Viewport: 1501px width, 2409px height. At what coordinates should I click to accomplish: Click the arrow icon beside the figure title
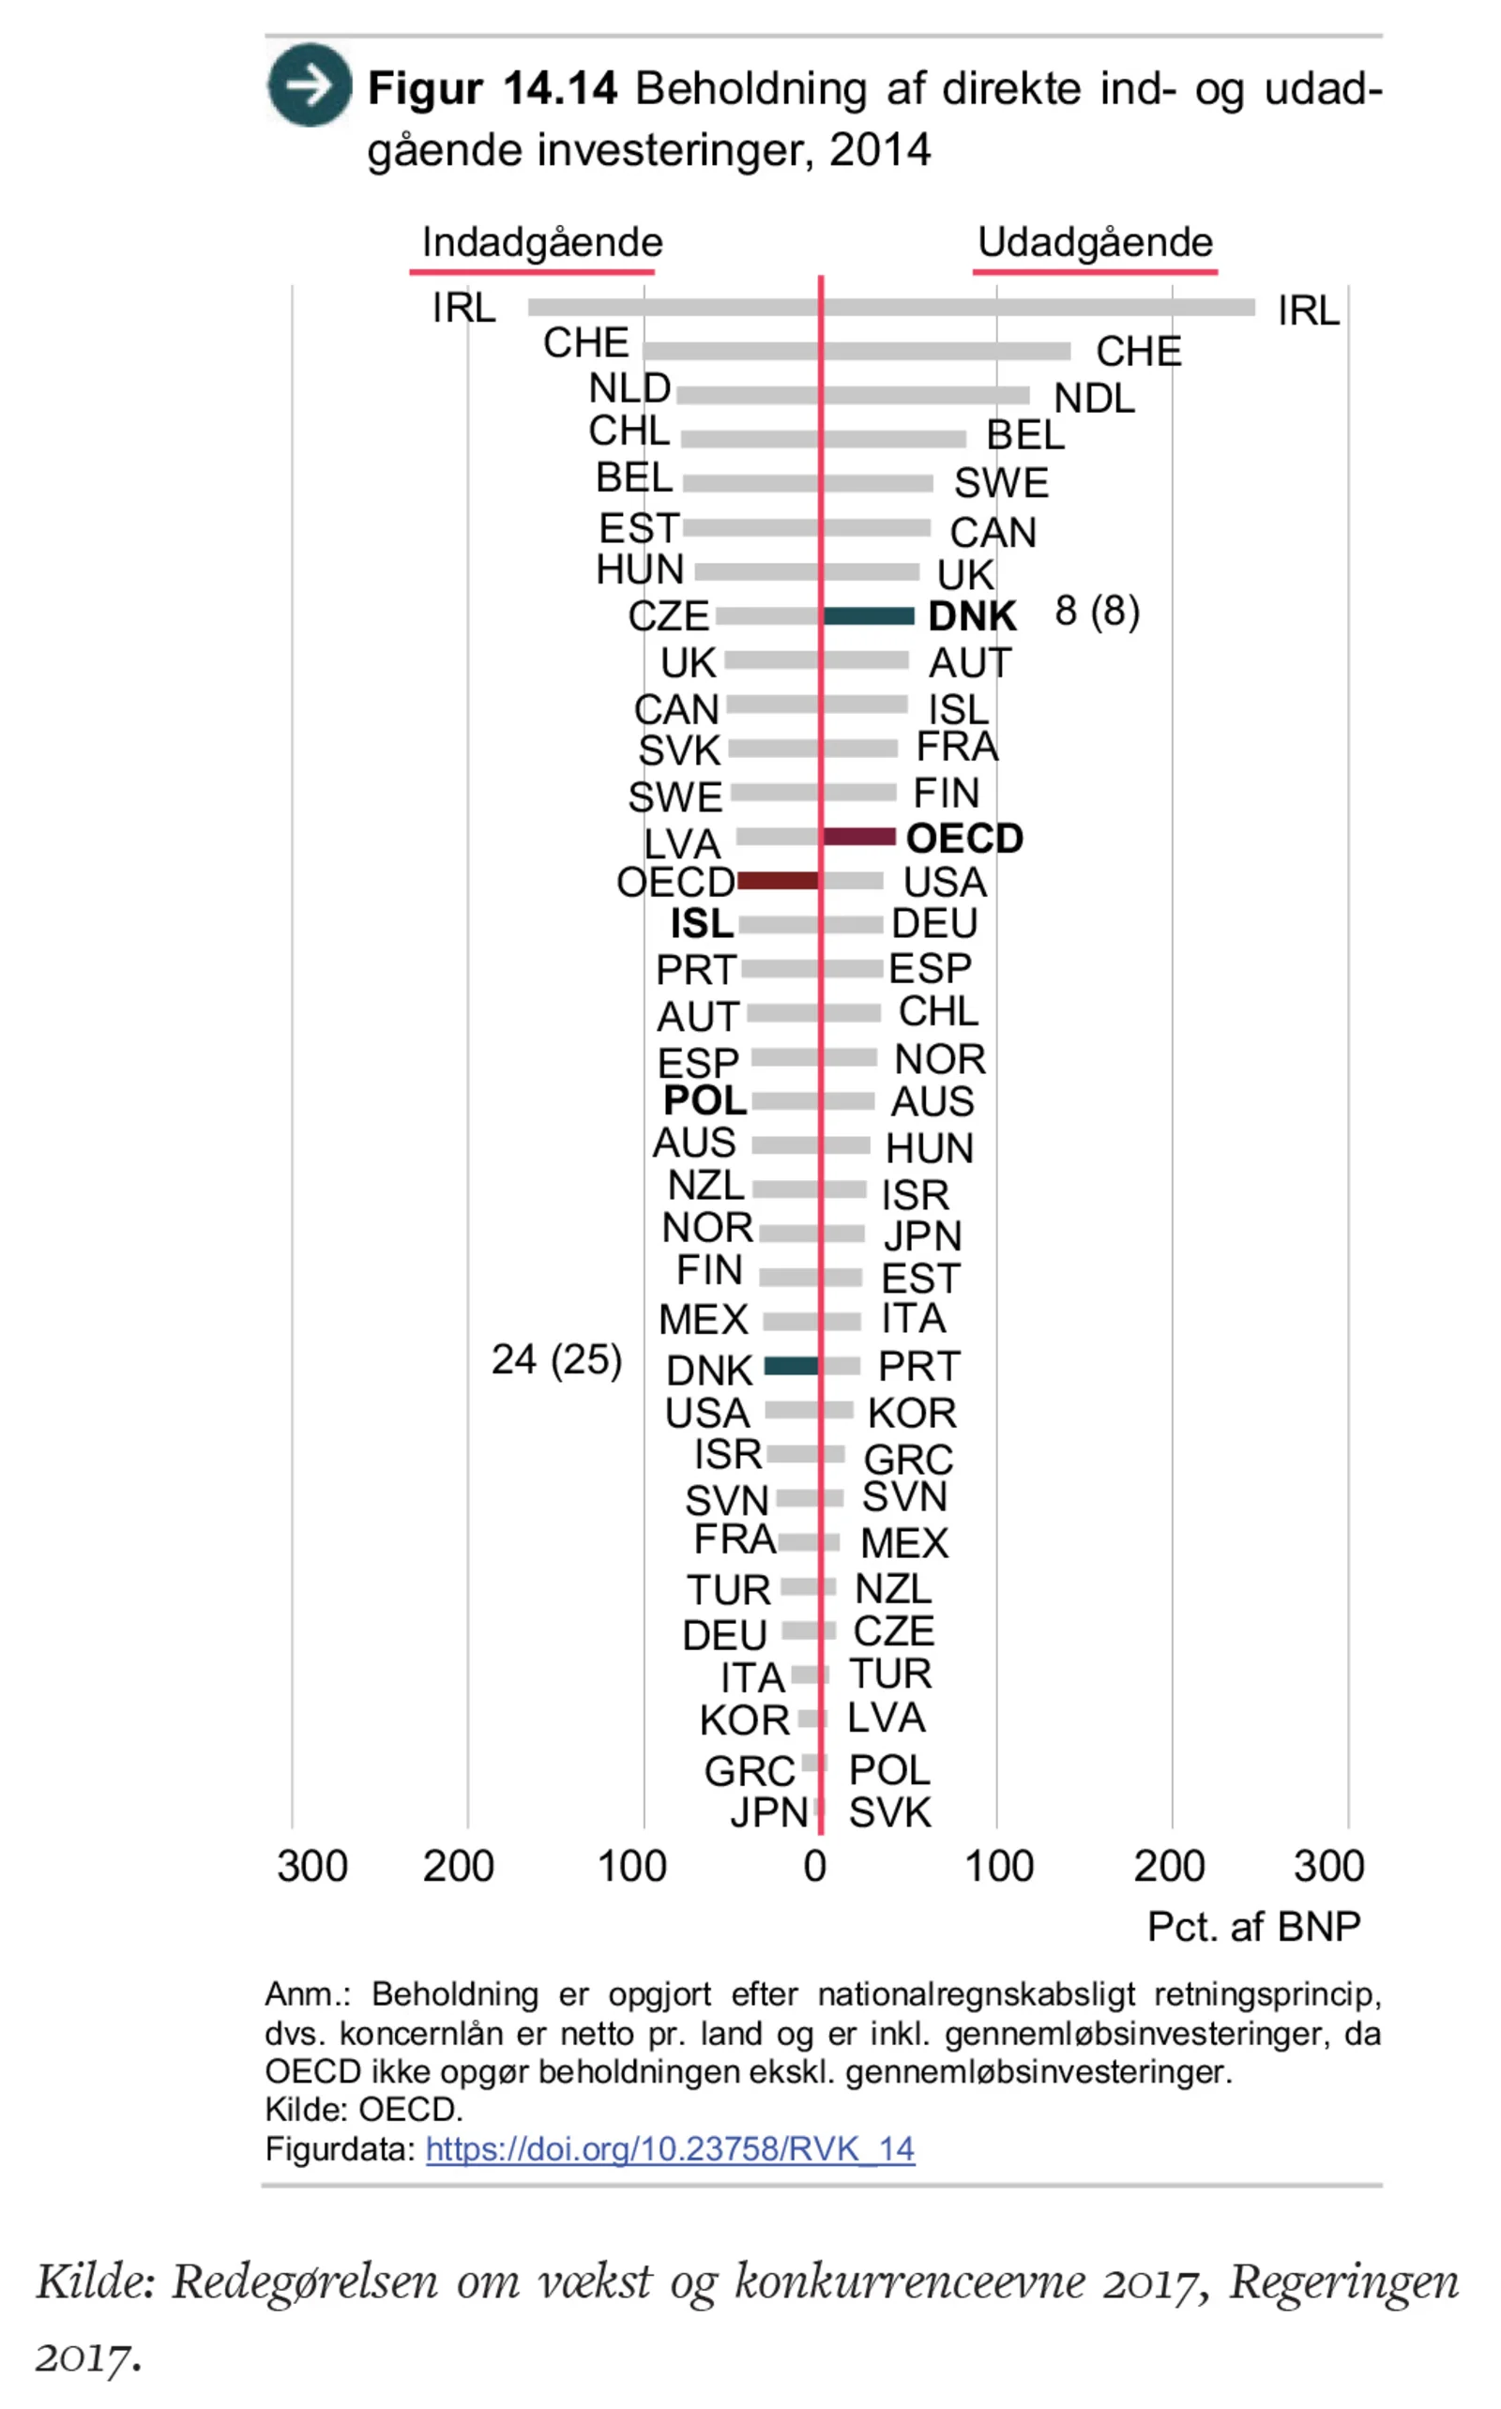click(309, 85)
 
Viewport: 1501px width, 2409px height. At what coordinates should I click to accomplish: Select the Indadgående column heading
click(541, 242)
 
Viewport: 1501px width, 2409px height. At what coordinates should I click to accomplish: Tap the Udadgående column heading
click(1095, 242)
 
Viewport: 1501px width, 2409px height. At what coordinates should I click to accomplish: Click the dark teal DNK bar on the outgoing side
click(869, 616)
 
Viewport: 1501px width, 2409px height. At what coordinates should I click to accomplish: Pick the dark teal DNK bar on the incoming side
click(791, 1366)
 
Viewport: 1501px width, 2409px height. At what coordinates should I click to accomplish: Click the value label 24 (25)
click(556, 1359)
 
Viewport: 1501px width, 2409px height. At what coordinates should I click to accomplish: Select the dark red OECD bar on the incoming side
click(778, 881)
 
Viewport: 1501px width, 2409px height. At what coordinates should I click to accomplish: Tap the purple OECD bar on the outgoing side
click(859, 837)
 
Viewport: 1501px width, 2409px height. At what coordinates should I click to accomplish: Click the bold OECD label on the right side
click(964, 839)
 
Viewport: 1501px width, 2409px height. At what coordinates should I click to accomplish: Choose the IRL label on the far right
click(1308, 311)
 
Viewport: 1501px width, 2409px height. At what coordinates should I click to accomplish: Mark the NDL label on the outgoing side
click(1094, 398)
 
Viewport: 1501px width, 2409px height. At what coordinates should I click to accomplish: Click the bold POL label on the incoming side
click(705, 1099)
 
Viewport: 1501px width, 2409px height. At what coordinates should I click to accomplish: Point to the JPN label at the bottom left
click(768, 1812)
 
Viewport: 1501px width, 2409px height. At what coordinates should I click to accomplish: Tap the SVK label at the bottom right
click(889, 1812)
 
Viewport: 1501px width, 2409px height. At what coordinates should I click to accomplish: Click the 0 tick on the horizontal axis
click(815, 1866)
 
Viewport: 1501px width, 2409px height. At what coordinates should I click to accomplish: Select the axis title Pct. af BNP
click(1252, 1927)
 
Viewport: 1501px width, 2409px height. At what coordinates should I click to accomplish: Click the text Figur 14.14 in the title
click(493, 88)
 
